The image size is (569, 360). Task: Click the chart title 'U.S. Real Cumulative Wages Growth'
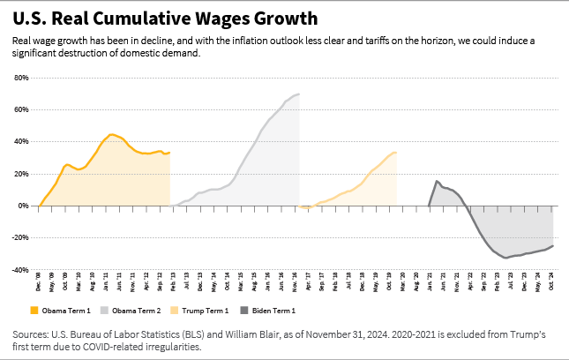click(x=166, y=19)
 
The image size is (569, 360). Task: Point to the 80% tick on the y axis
click(x=21, y=78)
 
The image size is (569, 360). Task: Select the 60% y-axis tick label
click(x=21, y=109)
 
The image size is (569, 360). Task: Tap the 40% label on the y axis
click(x=21, y=141)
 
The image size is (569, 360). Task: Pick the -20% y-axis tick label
click(x=19, y=237)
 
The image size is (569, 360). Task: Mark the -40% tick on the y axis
click(x=19, y=269)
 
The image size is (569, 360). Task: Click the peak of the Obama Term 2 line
click(x=299, y=94)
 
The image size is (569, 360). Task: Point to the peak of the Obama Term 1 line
click(x=111, y=135)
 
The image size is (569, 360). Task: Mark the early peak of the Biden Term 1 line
click(x=437, y=181)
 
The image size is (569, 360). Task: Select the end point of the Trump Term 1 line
click(x=396, y=152)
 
